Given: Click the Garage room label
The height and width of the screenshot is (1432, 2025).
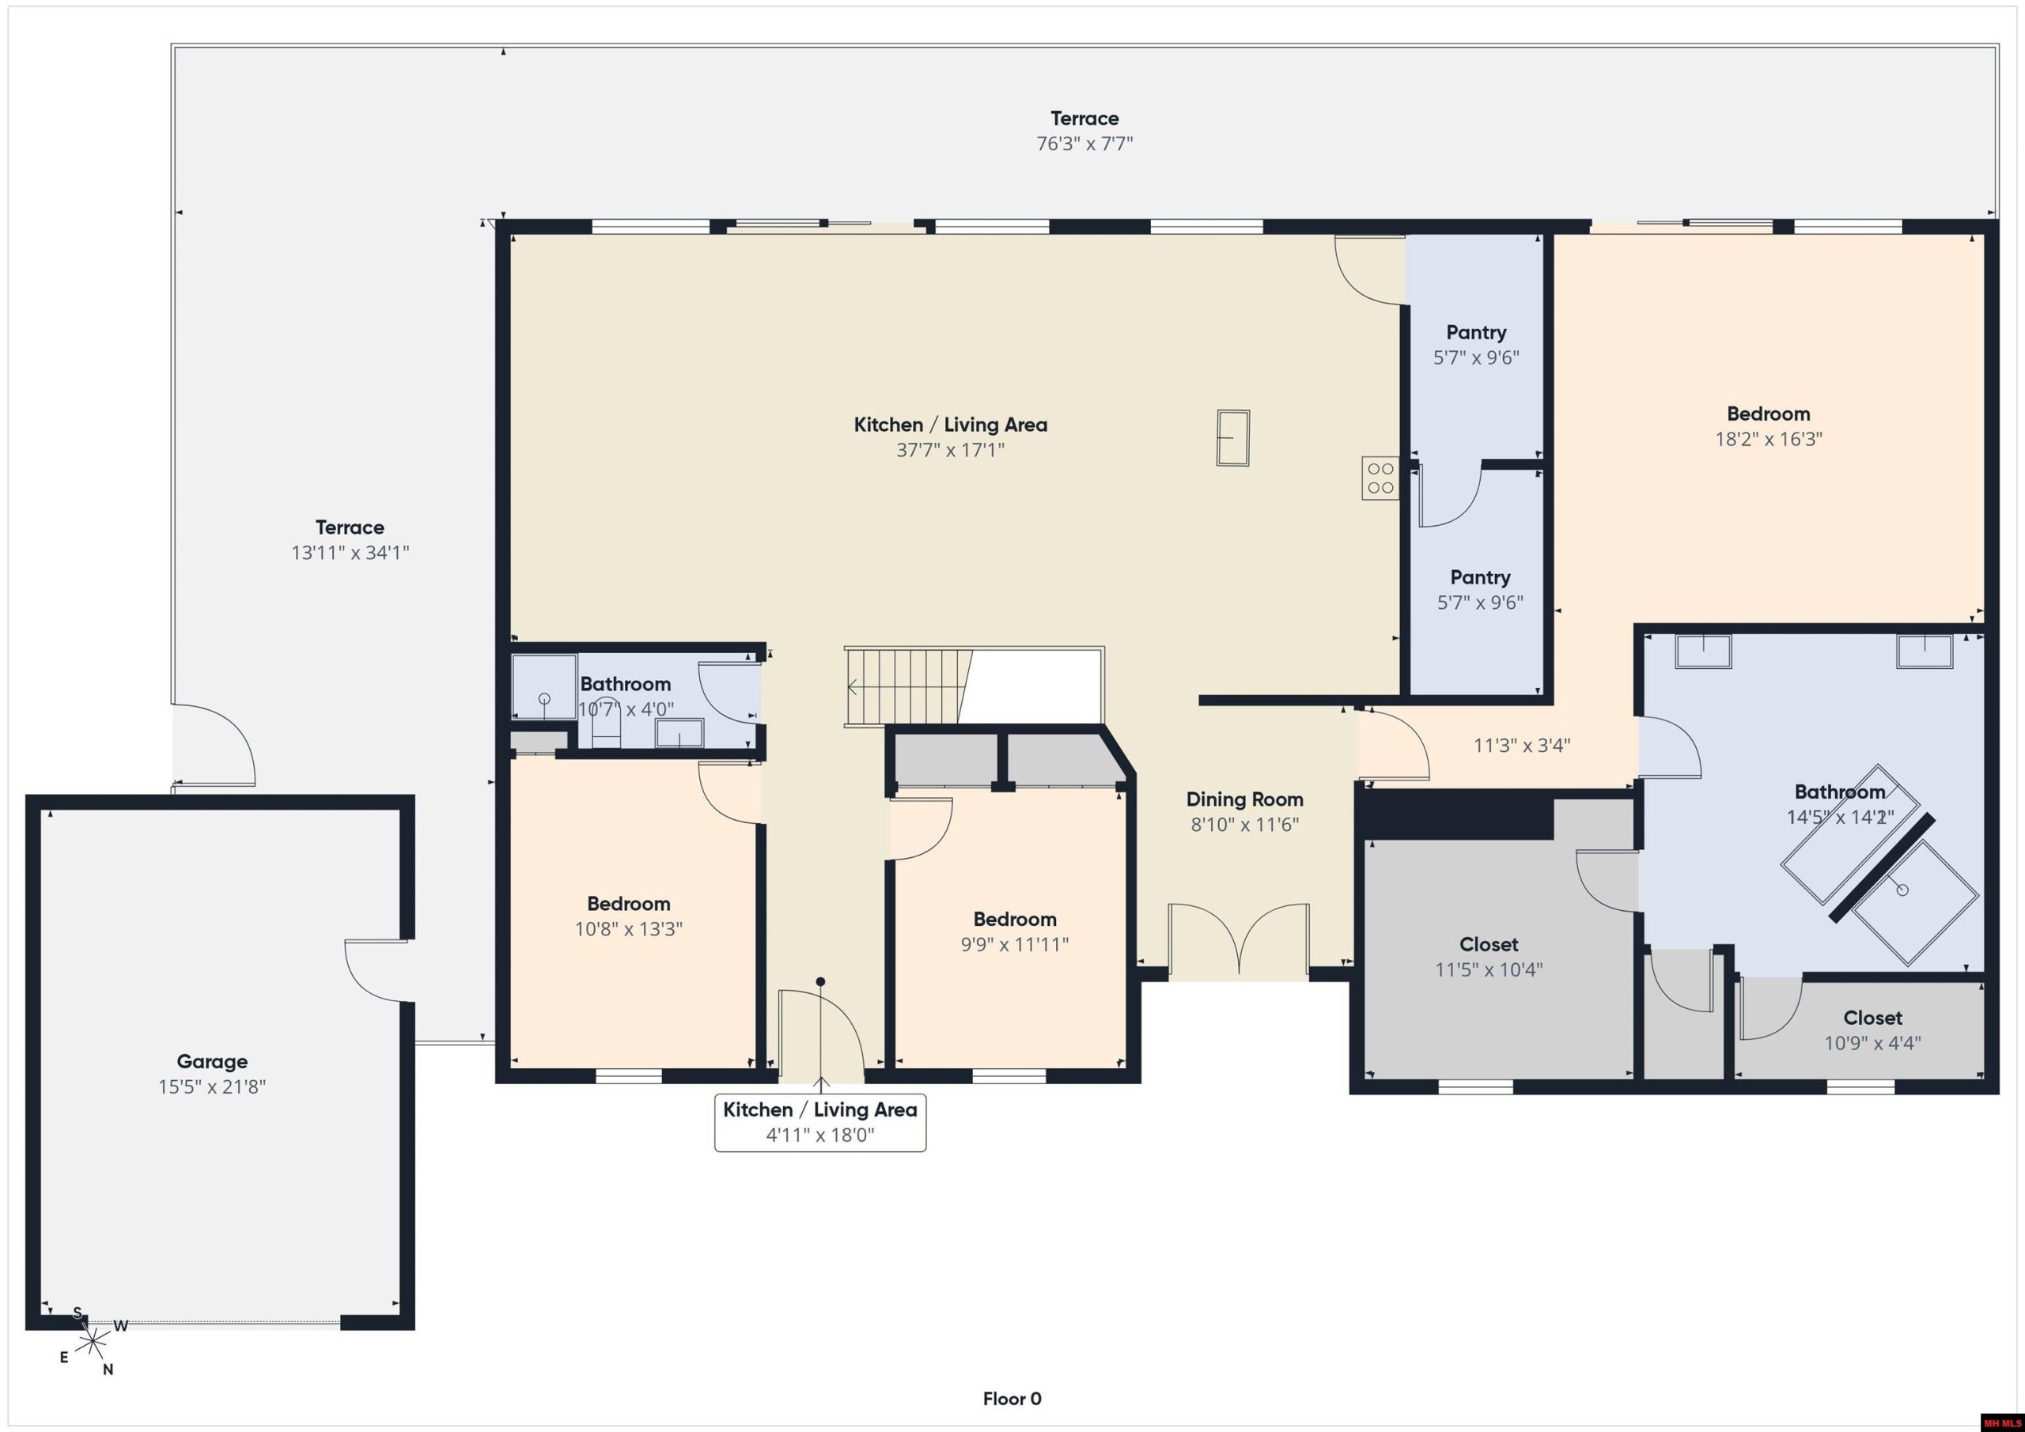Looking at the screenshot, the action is coord(212,1062).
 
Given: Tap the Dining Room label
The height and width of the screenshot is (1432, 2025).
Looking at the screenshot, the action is coord(1244,799).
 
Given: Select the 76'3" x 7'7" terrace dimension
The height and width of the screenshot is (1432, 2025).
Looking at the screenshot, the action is coord(1084,144).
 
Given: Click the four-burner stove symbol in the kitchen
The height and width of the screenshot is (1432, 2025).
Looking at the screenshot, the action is coord(1380,478).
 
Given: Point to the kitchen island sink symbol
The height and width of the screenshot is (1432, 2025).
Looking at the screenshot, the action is coord(1233,437).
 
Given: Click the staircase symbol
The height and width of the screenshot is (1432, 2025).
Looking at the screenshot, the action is coord(908,687).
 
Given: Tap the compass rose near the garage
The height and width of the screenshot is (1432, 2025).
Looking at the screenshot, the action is coord(93,1343).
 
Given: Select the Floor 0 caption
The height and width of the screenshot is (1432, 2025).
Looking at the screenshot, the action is coord(1012,1399).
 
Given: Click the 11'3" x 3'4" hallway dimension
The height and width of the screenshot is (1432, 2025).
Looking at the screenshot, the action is coord(1522,745).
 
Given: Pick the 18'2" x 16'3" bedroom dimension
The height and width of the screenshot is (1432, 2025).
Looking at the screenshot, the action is coord(1769,439).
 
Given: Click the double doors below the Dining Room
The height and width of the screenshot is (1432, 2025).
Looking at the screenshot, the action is coord(1240,939).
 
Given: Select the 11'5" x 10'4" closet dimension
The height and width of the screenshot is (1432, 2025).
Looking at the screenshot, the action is coord(1489,970).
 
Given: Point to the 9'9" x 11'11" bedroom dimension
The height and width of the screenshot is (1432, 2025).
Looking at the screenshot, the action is coord(1014,944).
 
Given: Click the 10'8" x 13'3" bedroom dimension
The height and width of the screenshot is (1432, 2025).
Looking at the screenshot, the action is coord(628,928).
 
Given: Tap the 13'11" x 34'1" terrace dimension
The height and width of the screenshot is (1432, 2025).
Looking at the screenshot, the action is coord(350,553).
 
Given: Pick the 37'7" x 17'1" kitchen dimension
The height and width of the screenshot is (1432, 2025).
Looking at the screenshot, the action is coord(950,450).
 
